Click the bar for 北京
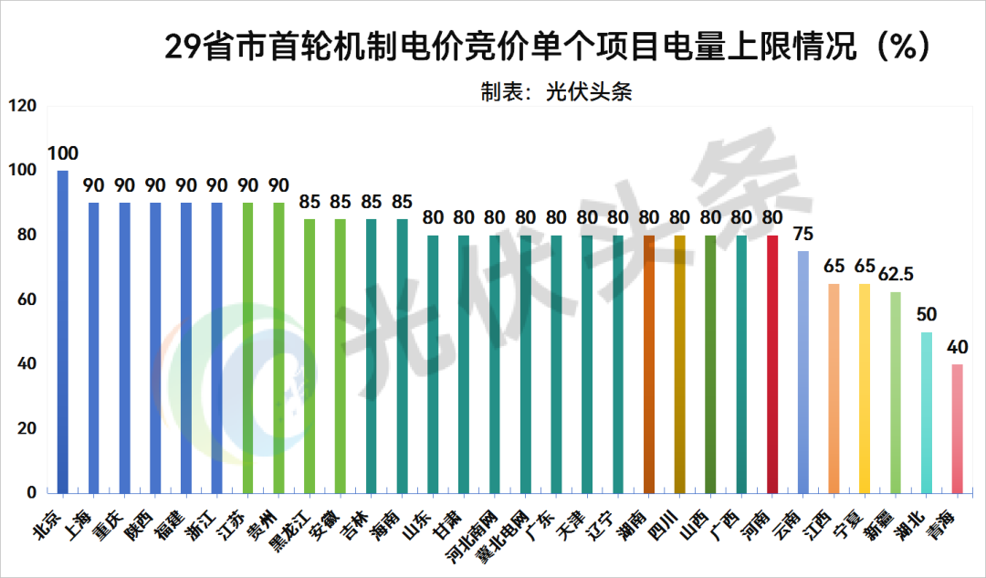click(63, 331)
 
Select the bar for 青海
click(957, 428)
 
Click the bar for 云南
click(803, 372)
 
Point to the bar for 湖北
click(927, 412)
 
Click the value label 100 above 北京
click(63, 153)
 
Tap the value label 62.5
click(896, 273)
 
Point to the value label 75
click(803, 233)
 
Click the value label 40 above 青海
click(957, 346)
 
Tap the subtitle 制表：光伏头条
click(556, 91)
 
